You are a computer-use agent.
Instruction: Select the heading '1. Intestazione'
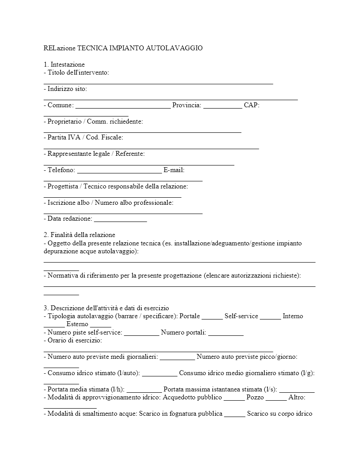click(x=64, y=64)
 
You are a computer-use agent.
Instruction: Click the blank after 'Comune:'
click(x=123, y=106)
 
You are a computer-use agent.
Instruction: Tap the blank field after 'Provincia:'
click(x=223, y=106)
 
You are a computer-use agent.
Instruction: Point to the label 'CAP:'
click(x=252, y=105)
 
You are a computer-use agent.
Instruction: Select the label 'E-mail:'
click(x=174, y=170)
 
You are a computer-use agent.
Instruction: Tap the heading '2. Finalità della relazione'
click(x=79, y=235)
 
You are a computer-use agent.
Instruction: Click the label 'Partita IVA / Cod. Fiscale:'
click(x=83, y=138)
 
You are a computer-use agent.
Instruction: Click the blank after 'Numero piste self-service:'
click(x=142, y=334)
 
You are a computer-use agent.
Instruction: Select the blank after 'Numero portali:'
click(x=225, y=334)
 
